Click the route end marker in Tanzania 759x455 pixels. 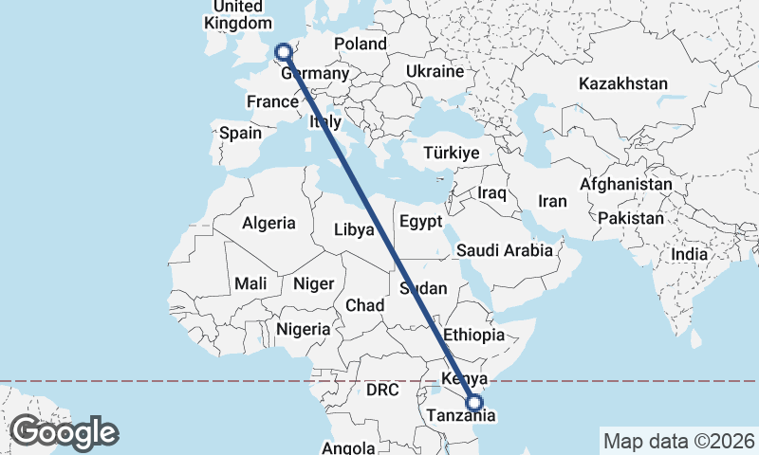pos(475,404)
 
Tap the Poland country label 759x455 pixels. pos(360,44)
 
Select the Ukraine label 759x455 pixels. pos(435,71)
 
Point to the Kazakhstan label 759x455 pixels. pos(622,83)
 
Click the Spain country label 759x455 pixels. pos(240,133)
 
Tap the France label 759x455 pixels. pos(272,102)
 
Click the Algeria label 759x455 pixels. pos(268,224)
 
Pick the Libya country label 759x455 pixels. pos(354,228)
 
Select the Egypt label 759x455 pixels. pos(421,222)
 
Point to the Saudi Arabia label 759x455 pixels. pos(504,250)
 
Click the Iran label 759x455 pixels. pos(552,201)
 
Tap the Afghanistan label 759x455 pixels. pos(626,184)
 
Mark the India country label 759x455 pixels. pos(689,254)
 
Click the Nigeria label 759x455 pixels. pos(303,329)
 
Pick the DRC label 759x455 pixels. pos(383,390)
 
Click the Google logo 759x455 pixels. pos(64,432)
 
